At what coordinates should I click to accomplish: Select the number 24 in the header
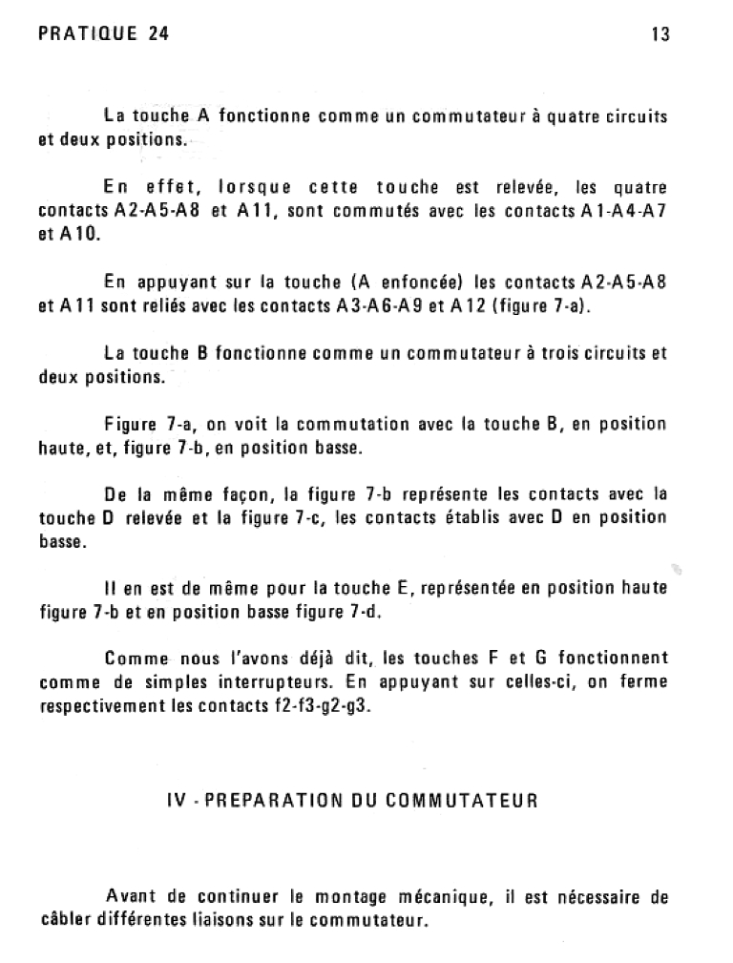pyautogui.click(x=159, y=35)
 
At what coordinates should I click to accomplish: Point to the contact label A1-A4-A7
pyautogui.click(x=623, y=211)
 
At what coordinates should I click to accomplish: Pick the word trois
pyautogui.click(x=564, y=352)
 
